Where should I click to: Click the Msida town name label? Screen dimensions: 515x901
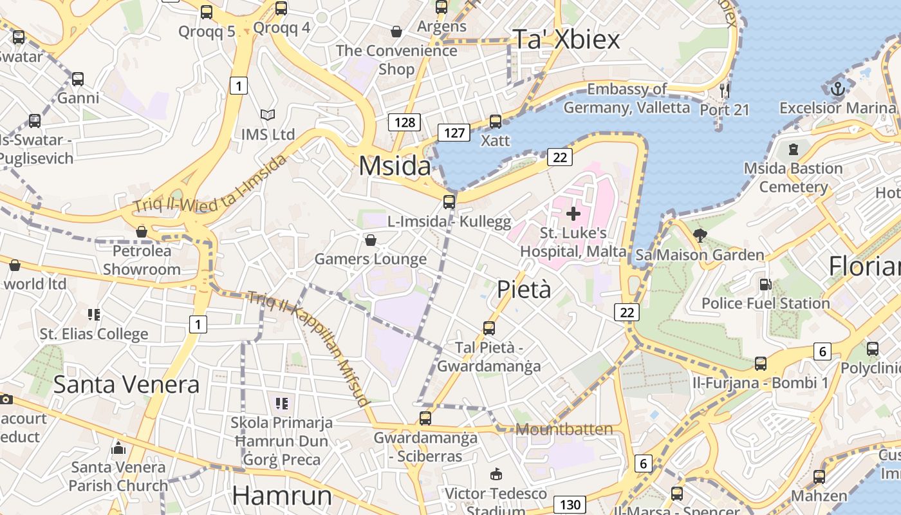(x=395, y=166)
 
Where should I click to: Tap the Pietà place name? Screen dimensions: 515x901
(x=524, y=290)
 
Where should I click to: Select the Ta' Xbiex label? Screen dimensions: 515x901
(x=566, y=40)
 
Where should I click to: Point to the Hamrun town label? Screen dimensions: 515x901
(x=282, y=496)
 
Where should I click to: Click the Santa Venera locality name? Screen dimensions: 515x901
(x=126, y=384)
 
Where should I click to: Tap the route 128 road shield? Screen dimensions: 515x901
(x=404, y=122)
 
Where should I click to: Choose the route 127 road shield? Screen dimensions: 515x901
(x=454, y=133)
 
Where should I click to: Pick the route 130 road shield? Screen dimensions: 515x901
(x=570, y=505)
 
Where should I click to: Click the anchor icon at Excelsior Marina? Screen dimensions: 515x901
(x=837, y=90)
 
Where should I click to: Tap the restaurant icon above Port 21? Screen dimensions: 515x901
(x=725, y=90)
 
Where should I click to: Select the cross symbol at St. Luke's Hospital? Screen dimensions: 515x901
(x=573, y=213)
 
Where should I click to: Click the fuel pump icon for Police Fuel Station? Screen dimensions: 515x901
(x=765, y=284)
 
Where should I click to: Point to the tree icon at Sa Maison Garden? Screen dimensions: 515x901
(x=700, y=236)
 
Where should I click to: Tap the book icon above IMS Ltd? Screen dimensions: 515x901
(x=268, y=115)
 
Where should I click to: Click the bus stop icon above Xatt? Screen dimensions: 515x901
(x=496, y=121)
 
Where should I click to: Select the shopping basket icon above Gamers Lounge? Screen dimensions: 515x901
(x=371, y=240)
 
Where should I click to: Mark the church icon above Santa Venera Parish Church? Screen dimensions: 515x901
(x=118, y=447)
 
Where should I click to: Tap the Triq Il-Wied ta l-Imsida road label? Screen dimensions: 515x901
(x=210, y=183)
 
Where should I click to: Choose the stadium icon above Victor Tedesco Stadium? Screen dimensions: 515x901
(x=496, y=474)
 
